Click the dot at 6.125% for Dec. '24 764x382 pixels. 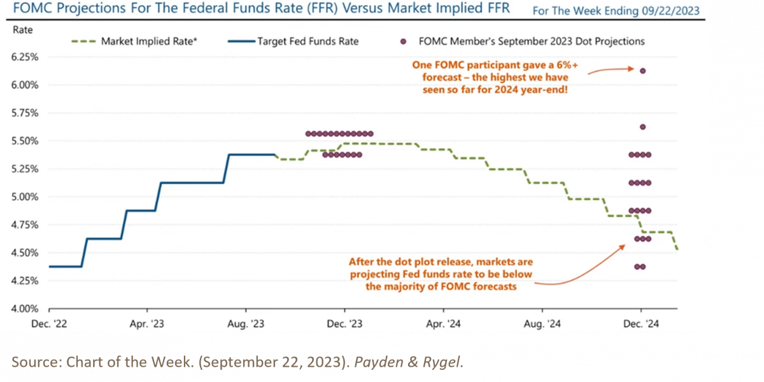point(642,71)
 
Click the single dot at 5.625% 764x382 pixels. point(642,127)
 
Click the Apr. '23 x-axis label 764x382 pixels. point(146,324)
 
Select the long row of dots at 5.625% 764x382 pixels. point(339,134)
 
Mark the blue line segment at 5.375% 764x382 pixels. point(251,154)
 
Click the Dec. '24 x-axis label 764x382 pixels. point(644,324)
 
